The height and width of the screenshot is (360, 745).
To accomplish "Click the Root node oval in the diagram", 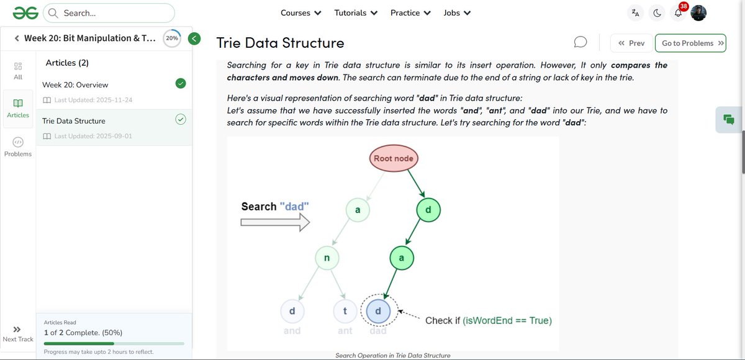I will click(x=393, y=158).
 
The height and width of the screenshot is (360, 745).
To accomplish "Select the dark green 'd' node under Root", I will click(x=428, y=210).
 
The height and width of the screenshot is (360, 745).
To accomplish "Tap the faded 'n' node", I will click(x=327, y=258).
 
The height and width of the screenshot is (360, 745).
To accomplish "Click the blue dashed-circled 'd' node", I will click(x=378, y=310).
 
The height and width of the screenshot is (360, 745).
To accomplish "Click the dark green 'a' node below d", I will click(x=402, y=258).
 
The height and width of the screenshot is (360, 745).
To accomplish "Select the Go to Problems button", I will click(x=690, y=43).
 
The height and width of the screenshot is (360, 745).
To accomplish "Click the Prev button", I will click(x=631, y=43).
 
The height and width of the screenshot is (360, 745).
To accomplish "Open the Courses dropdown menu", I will click(x=300, y=12).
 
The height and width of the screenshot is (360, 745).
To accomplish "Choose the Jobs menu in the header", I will click(x=457, y=12).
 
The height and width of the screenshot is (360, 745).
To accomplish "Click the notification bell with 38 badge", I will click(x=678, y=13).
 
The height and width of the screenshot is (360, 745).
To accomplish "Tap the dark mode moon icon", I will click(x=657, y=13).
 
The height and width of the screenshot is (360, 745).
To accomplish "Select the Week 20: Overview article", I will click(x=76, y=84).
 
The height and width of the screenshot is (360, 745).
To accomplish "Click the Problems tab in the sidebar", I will click(x=18, y=146).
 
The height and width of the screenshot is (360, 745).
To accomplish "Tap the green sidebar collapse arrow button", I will click(x=194, y=38).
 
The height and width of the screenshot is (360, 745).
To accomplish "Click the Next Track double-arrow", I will click(x=17, y=330).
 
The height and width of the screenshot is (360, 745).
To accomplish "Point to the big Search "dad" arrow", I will click(x=275, y=222).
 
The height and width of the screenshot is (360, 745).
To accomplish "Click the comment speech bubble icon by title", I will click(x=580, y=42).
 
